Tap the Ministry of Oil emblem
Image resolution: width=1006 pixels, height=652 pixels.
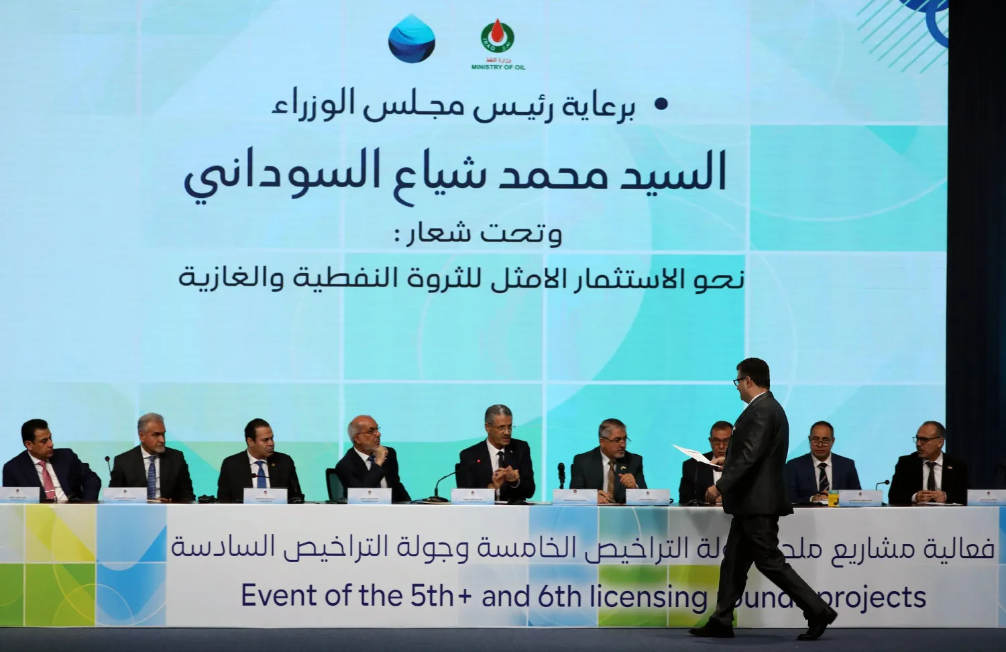(498, 38)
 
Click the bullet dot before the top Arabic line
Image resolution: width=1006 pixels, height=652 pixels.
(661, 104)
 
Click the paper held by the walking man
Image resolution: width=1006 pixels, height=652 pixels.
(695, 453)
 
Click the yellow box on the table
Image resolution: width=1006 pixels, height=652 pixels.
(833, 497)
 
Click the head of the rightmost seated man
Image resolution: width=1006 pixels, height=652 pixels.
(931, 438)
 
